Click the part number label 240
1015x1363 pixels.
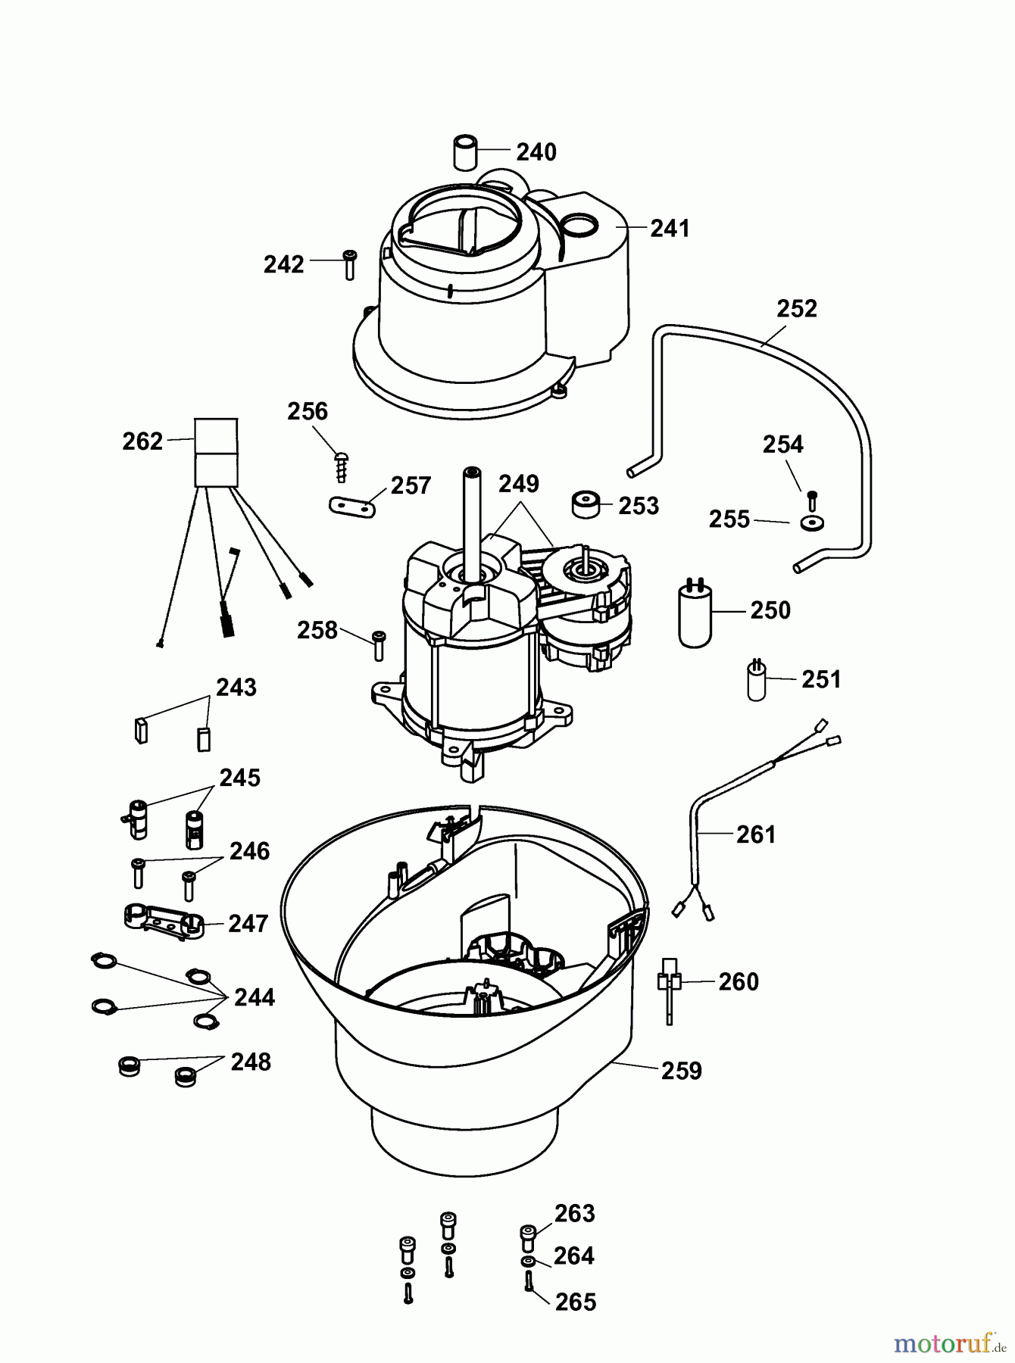(536, 152)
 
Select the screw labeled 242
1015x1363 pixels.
(349, 264)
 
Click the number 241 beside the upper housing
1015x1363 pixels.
(670, 228)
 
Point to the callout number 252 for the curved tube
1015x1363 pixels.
(797, 309)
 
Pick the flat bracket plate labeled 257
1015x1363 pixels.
(353, 507)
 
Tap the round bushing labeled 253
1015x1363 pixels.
(586, 504)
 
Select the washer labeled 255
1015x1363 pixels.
(812, 523)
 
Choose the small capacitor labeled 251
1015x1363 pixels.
(757, 681)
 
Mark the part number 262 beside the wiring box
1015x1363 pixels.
(142, 441)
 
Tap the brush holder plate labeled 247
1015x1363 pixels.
(163, 922)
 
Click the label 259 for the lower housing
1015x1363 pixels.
(682, 1071)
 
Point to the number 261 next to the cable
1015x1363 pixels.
(756, 834)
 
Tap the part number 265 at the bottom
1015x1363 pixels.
(576, 1302)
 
